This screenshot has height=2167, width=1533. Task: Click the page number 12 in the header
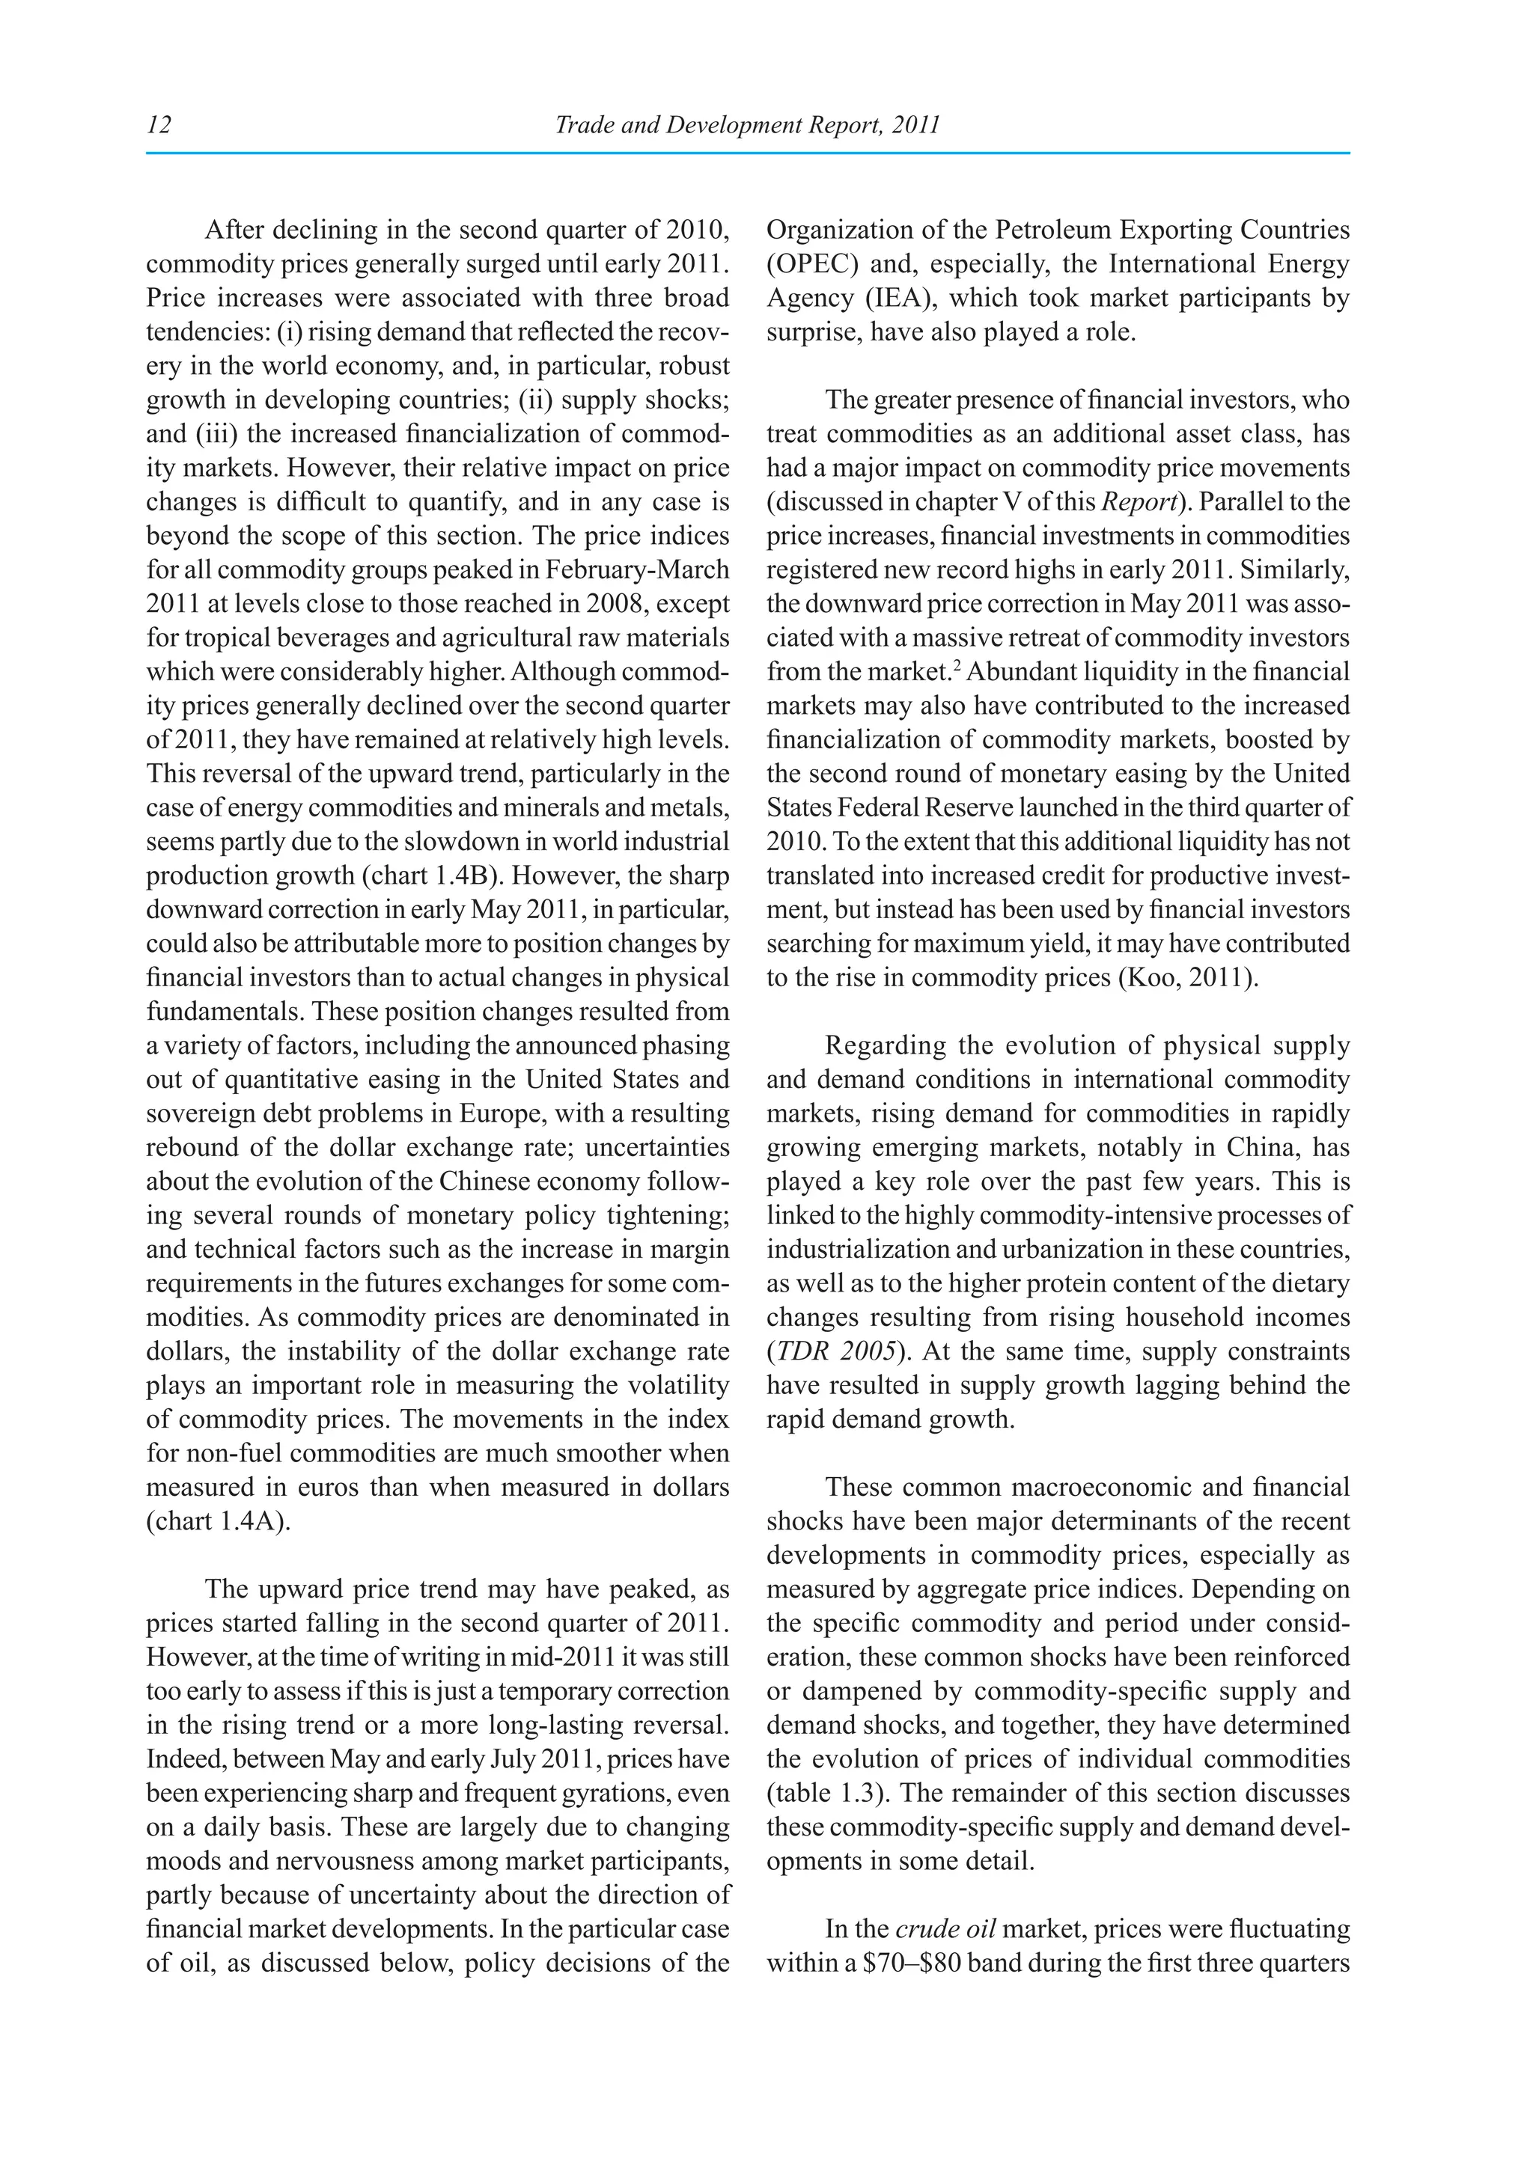coord(159,124)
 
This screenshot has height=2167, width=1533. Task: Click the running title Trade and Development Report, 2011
coord(748,124)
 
